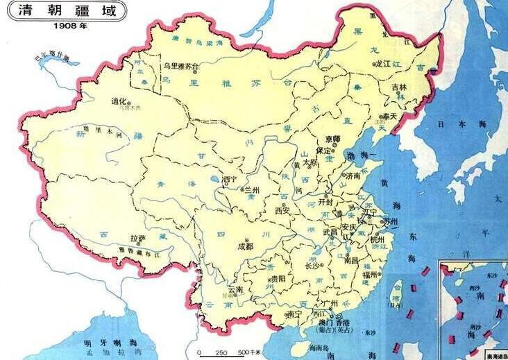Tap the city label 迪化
[x=120, y=101]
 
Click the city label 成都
[x=246, y=245]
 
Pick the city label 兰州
[x=250, y=189]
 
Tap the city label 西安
[x=282, y=209]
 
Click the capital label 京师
[x=332, y=139]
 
